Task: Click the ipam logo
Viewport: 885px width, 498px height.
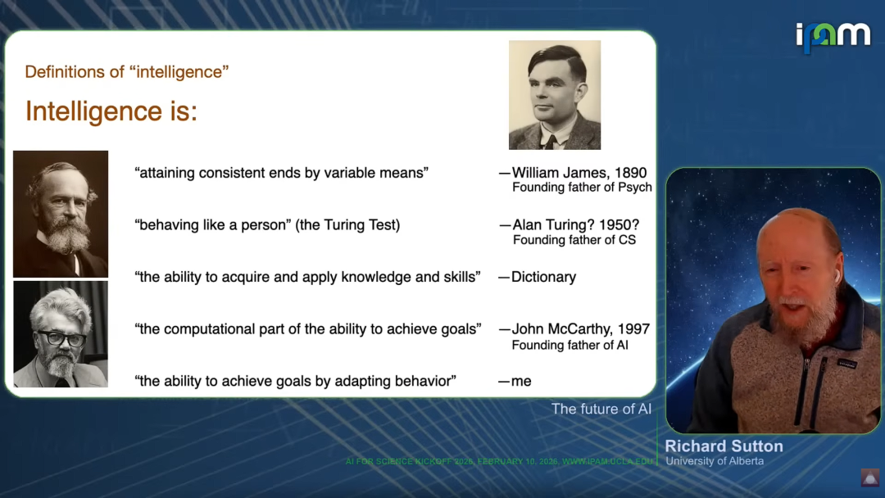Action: [x=833, y=37]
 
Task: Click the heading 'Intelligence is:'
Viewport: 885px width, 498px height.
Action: [x=111, y=111]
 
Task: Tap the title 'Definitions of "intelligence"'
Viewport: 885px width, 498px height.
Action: [x=127, y=71]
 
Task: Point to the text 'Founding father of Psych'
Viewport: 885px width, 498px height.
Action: [x=582, y=188]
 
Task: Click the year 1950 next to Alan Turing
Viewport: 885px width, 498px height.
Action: [x=619, y=225]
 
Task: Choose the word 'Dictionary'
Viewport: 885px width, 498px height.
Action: [x=543, y=277]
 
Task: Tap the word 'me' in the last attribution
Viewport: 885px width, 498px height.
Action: [x=521, y=381]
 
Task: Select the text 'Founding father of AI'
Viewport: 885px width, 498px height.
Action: [x=570, y=345]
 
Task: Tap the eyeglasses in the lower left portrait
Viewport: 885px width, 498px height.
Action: [x=61, y=339]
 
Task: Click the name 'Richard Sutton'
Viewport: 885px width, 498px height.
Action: [x=724, y=446]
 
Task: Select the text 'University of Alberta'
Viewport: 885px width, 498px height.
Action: [x=715, y=461]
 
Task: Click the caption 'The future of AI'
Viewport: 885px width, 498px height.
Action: [x=601, y=409]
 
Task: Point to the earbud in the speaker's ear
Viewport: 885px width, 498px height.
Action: [x=837, y=276]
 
